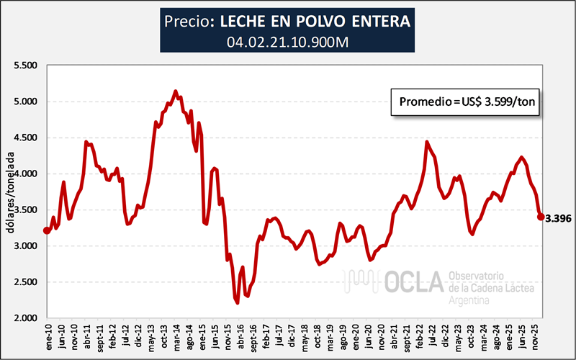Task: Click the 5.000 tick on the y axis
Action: (26, 102)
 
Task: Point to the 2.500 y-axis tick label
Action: (26, 282)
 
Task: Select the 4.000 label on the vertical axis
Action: (26, 174)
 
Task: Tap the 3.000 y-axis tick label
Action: (26, 246)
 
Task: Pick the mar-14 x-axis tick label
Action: (176, 335)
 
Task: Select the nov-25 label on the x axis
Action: (534, 335)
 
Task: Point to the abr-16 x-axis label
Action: (239, 335)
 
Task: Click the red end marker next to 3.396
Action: (541, 216)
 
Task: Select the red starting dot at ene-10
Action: (48, 230)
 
